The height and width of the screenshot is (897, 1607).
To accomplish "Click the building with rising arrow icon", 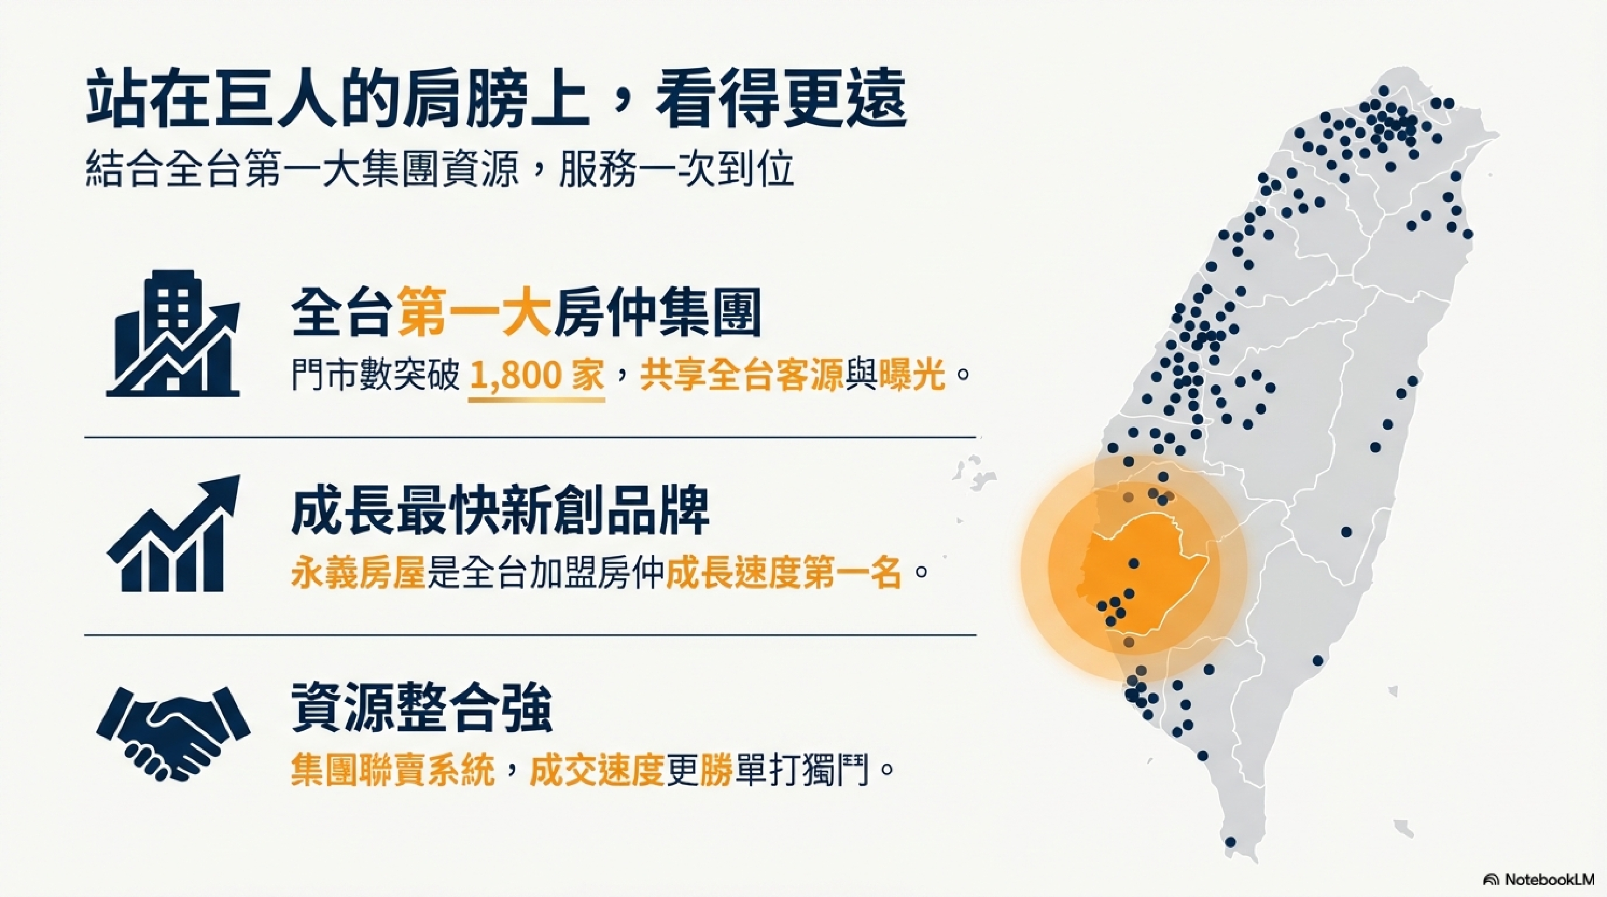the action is (173, 333).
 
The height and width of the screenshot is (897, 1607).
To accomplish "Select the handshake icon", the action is (173, 733).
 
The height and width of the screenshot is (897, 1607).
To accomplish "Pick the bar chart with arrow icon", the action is (173, 534).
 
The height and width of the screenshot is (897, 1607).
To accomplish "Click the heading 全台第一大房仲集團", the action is (526, 312).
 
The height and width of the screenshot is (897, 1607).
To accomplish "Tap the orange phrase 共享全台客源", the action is (742, 376).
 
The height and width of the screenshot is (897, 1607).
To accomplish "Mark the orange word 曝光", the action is (911, 376).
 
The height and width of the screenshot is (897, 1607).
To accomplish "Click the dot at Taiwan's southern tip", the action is (1231, 842).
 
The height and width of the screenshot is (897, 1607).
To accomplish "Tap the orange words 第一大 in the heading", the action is (474, 312).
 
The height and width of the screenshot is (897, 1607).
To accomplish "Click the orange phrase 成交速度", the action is (596, 771).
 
